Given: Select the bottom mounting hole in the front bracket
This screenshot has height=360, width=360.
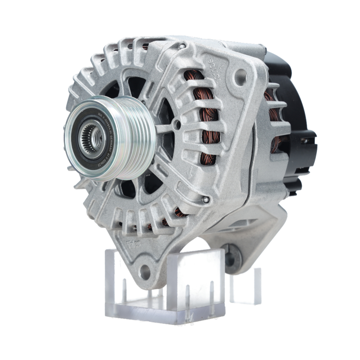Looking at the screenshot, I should [x=145, y=272].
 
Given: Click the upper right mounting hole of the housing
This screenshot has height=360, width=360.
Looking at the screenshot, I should [x=240, y=77].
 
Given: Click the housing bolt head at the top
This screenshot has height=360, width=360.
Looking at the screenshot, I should [x=183, y=46].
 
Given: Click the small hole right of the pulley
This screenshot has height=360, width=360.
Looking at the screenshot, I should [x=176, y=125].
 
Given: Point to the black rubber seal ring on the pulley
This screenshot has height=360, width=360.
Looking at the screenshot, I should [x=80, y=138].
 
